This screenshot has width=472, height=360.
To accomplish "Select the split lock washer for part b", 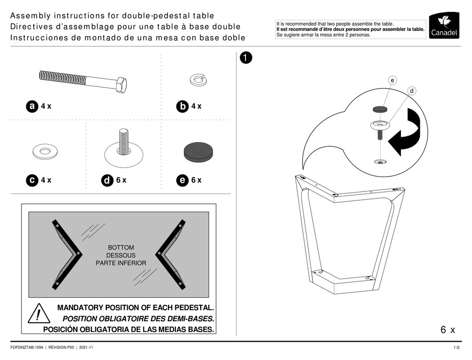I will click(x=198, y=79).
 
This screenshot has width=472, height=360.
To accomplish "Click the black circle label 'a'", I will click(x=32, y=106).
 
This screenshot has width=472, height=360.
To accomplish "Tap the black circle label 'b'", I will click(x=183, y=106).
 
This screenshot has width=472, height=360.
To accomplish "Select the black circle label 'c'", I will click(x=32, y=180).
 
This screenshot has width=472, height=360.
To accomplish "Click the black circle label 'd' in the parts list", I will click(x=107, y=181).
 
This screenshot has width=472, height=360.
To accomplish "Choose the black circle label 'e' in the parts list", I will click(x=182, y=180).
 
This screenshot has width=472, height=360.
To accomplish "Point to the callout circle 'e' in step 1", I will click(x=393, y=80).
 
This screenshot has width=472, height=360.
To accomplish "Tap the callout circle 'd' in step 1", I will click(x=412, y=91).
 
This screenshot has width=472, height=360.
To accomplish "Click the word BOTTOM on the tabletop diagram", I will click(x=121, y=247).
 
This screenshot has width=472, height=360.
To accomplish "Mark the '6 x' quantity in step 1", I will click(x=447, y=330).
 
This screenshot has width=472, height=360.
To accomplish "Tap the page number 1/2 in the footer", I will click(x=456, y=347).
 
